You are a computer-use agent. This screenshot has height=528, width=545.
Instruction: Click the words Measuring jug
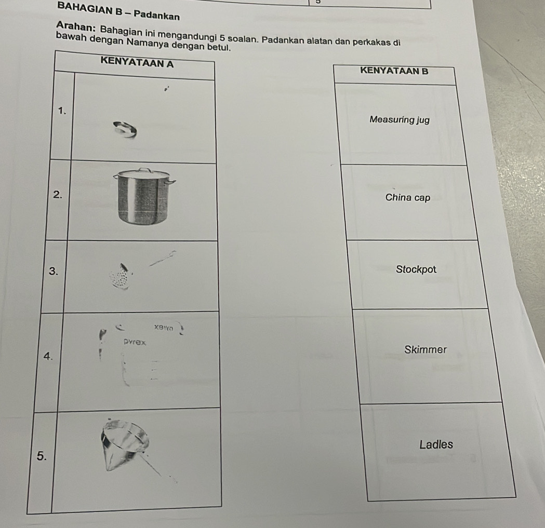tap(400, 120)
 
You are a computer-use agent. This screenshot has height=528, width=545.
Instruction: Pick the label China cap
tap(408, 198)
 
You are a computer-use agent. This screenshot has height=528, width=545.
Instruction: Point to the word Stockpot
tap(416, 269)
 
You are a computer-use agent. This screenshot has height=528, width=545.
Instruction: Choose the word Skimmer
tap(425, 349)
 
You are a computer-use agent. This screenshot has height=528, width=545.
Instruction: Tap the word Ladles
tap(436, 444)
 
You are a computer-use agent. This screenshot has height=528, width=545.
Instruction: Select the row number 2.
tap(58, 195)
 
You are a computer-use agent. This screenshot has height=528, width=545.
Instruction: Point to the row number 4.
tap(48, 356)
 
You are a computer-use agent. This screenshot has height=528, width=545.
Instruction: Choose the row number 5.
tap(42, 456)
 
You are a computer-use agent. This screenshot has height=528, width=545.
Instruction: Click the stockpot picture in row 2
tap(145, 198)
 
